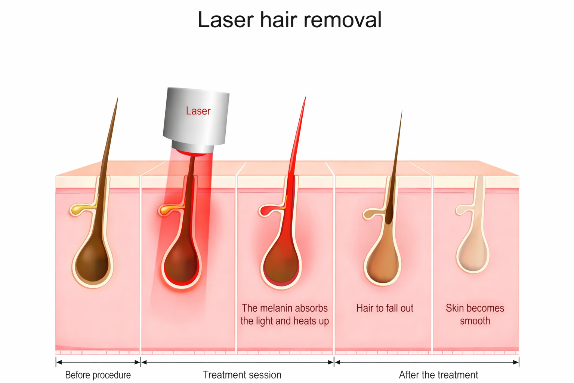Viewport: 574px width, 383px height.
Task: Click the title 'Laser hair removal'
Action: point(290,20)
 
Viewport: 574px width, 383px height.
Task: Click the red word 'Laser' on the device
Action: point(198,111)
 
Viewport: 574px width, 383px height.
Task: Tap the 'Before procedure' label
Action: point(98,375)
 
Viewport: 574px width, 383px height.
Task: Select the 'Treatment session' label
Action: point(242,375)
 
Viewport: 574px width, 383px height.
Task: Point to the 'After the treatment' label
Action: point(438,375)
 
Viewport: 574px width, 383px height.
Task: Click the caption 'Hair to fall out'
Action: point(385,308)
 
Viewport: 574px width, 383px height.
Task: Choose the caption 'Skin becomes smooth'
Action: point(475,314)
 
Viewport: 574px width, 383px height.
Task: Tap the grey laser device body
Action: point(196,116)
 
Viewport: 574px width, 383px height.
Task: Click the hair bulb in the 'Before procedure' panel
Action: point(92,266)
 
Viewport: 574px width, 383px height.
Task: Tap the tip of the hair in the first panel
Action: point(117,99)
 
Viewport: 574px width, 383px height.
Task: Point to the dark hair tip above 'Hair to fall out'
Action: point(401,113)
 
